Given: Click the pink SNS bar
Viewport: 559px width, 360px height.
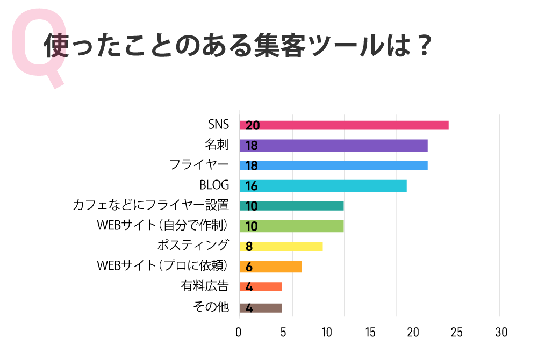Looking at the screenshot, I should coord(344,125).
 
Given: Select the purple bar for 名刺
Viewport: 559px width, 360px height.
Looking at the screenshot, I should coord(333,146).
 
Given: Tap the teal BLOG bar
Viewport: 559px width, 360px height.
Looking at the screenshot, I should coord(323,186).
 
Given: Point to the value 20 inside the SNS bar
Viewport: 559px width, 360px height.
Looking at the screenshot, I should coord(253,126).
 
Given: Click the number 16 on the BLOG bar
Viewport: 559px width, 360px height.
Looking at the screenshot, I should coord(252,186).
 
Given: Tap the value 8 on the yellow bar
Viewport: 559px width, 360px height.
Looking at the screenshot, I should coord(249,247).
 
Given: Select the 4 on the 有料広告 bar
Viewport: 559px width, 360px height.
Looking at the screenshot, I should coord(249,287).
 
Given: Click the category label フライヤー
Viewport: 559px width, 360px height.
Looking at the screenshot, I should coord(199,165).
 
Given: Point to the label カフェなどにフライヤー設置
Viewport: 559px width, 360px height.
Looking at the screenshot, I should coord(151,205).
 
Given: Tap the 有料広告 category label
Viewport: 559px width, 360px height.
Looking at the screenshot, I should coord(205,286).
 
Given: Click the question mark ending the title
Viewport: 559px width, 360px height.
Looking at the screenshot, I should coord(424,46).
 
